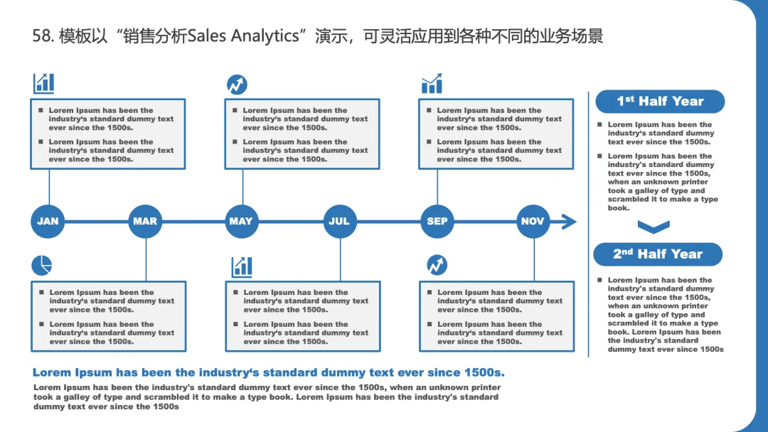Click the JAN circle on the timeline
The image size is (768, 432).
coord(48,221)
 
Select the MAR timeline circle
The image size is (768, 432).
coord(145,221)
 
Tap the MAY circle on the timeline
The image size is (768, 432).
coord(242,221)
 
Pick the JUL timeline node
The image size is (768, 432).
coord(339,221)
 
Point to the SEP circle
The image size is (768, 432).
coord(437,221)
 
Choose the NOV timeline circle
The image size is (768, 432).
coord(533,221)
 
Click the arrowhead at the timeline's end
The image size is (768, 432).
coord(568,222)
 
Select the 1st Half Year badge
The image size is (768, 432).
coord(659,101)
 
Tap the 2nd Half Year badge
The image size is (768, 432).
coord(658,254)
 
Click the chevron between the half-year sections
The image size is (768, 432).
coord(654,227)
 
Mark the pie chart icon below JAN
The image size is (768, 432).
coord(42,265)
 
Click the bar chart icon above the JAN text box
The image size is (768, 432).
coord(43,83)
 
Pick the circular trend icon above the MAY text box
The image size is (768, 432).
coord(237,85)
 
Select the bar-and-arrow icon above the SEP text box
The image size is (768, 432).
coord(432,83)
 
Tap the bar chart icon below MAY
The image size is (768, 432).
coord(242,266)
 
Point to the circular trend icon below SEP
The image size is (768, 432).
coord(437,265)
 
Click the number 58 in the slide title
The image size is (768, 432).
coord(41,36)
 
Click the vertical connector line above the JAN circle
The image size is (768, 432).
coord(49,186)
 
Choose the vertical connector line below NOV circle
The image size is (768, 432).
coord(534,259)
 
